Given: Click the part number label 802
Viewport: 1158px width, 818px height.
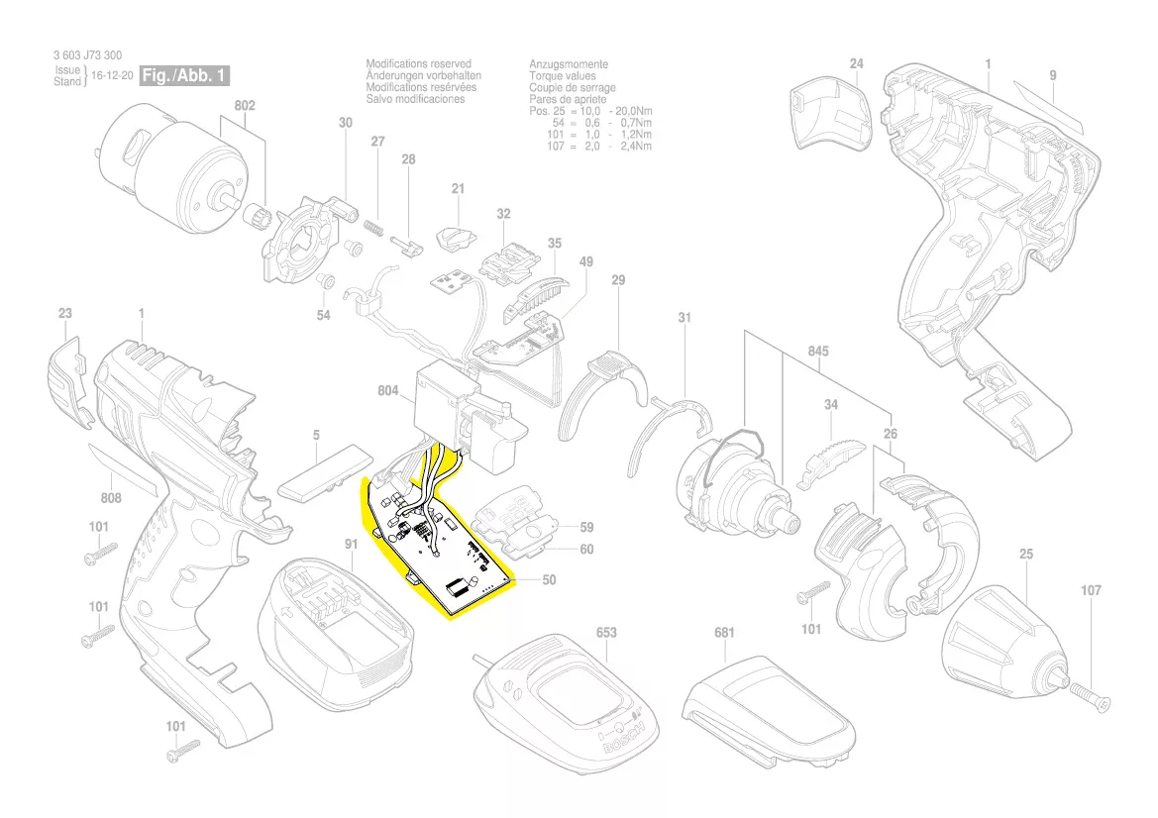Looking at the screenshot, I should click(x=245, y=105).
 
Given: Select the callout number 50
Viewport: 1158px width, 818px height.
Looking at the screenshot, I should click(x=549, y=579).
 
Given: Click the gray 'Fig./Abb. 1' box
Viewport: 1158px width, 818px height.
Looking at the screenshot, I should click(x=186, y=75).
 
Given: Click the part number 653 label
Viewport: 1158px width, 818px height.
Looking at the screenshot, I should click(x=606, y=632).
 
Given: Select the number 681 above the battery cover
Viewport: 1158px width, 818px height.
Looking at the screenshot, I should click(x=725, y=632).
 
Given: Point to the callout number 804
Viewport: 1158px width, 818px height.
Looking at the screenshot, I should click(x=387, y=391).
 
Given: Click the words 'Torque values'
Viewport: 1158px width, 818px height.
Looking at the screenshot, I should click(x=563, y=76).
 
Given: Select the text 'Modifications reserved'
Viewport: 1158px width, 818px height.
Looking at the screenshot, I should click(x=418, y=64).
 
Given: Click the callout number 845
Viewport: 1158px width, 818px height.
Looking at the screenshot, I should click(x=818, y=352).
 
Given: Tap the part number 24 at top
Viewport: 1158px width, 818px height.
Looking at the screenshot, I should click(x=857, y=64).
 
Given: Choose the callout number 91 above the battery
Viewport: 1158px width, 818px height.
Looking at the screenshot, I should click(x=351, y=544).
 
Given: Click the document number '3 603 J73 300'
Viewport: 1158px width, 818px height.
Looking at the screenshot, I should click(x=88, y=55).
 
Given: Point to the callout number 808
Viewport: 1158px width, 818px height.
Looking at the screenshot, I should click(x=111, y=498).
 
